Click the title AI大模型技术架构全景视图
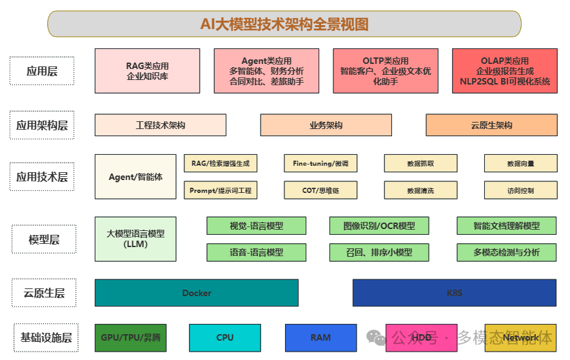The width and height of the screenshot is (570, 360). click(284, 25)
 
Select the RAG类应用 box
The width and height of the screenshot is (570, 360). click(147, 71)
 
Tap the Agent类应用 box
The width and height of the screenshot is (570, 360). click(266, 71)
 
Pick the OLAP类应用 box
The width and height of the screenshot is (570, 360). click(504, 71)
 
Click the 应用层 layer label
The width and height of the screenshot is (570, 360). click(42, 71)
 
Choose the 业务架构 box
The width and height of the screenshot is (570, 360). click(326, 125)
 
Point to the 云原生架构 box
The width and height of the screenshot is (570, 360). click(491, 125)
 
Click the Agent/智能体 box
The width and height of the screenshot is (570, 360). click(135, 176)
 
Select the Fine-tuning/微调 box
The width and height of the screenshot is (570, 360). click(320, 163)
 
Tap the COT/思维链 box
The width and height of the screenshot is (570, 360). click(320, 190)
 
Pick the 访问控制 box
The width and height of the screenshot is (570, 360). click(520, 190)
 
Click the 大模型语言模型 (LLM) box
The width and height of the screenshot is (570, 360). click(135, 239)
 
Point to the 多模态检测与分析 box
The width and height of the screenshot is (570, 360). click(506, 252)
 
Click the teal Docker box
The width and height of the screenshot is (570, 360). click(197, 293)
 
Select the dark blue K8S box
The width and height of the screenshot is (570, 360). click(455, 293)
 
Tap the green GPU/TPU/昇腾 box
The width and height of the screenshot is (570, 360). click(130, 337)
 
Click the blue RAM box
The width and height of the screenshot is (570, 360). click(320, 337)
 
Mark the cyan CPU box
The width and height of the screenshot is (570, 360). click(225, 337)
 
